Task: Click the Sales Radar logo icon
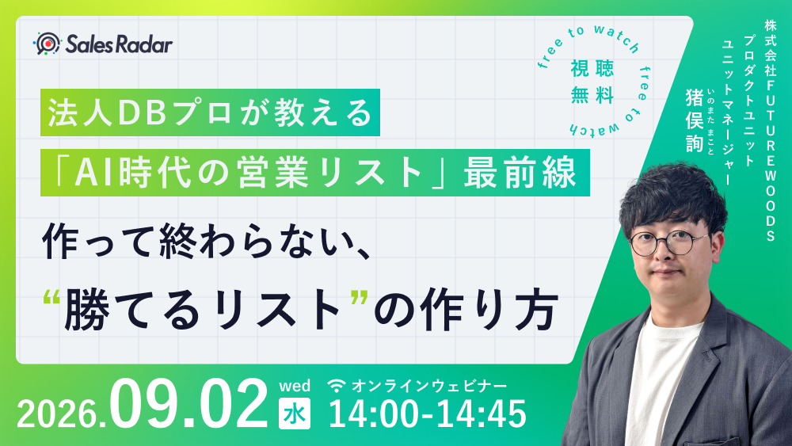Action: (x=47, y=44)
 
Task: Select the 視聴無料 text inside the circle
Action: (x=592, y=82)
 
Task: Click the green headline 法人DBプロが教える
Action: (x=210, y=112)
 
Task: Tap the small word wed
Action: (x=295, y=386)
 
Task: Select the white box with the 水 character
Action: (x=295, y=414)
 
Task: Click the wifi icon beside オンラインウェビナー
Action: (x=337, y=386)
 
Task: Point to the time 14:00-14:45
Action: (x=428, y=414)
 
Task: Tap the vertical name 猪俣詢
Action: (x=695, y=120)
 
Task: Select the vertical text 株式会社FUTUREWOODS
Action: (x=771, y=131)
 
